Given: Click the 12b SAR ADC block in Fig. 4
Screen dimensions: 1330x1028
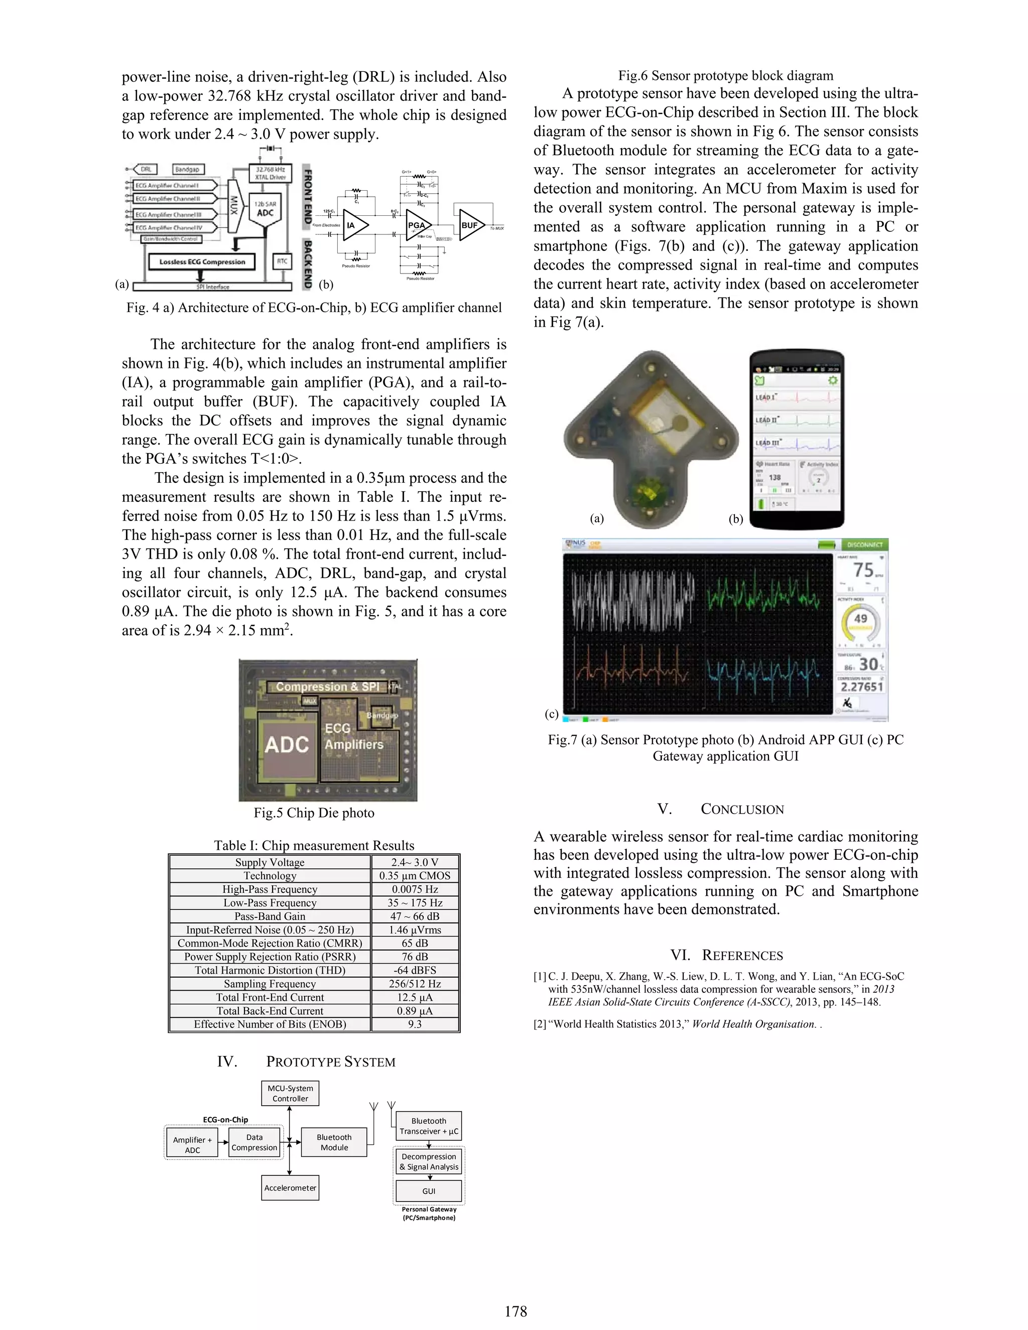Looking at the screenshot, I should [x=265, y=209].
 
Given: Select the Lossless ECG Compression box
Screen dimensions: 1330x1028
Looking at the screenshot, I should [x=202, y=262].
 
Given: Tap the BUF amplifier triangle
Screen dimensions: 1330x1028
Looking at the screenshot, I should [x=471, y=225].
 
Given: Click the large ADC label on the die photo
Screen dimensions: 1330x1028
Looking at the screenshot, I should [x=286, y=744].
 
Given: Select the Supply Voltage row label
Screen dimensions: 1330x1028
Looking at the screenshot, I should [x=270, y=862].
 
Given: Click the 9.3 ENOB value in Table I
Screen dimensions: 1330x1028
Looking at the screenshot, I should [x=415, y=1024].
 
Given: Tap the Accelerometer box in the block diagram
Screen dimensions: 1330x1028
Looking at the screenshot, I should [x=290, y=1187].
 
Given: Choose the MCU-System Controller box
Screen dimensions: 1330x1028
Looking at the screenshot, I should [x=290, y=1093].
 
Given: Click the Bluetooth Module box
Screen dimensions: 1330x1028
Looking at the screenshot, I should [x=334, y=1142].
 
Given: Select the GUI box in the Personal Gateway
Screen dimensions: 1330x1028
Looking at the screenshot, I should [x=429, y=1191].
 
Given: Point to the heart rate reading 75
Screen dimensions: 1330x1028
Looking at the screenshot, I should [x=863, y=570].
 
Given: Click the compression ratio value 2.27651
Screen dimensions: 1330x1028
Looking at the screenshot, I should [x=861, y=686].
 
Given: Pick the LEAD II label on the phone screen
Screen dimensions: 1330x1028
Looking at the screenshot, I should [x=766, y=420].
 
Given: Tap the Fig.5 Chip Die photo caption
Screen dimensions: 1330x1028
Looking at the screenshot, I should [x=314, y=813].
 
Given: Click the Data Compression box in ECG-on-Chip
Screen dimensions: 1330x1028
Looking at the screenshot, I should [x=254, y=1142].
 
